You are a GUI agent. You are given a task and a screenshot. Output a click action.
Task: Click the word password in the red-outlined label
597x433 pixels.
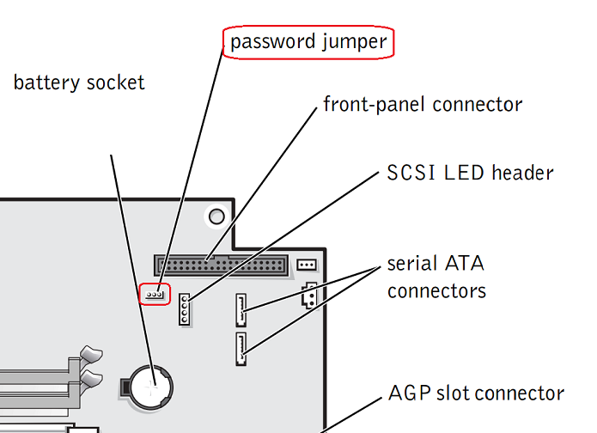pyautogui.click(x=268, y=40)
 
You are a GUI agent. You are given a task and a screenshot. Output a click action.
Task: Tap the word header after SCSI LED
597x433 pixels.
pyautogui.click(x=523, y=173)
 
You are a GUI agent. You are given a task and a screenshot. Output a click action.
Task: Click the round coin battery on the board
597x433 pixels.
pyautogui.click(x=149, y=383)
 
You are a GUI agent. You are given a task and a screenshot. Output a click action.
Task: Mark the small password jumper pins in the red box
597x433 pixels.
pyautogui.click(x=155, y=294)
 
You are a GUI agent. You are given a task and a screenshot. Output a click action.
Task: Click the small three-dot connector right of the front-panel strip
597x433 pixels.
pyautogui.click(x=307, y=264)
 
